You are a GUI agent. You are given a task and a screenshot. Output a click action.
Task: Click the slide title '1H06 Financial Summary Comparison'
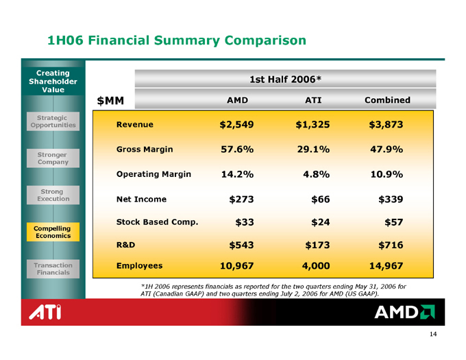[x=176, y=40]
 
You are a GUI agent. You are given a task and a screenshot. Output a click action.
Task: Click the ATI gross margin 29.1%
[x=312, y=149]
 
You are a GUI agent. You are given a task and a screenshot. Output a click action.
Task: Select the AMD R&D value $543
[x=241, y=244]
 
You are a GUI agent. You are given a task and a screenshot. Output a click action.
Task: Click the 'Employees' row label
[x=139, y=264]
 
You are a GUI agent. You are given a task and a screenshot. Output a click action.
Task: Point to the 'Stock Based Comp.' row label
[x=158, y=221]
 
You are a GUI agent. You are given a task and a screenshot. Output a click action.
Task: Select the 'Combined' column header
[x=387, y=100]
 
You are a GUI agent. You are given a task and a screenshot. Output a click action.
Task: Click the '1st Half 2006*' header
[x=286, y=79]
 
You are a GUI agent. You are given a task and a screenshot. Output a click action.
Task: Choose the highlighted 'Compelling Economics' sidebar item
[x=53, y=231]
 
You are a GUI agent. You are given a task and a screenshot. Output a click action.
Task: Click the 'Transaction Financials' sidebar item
[x=53, y=268]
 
